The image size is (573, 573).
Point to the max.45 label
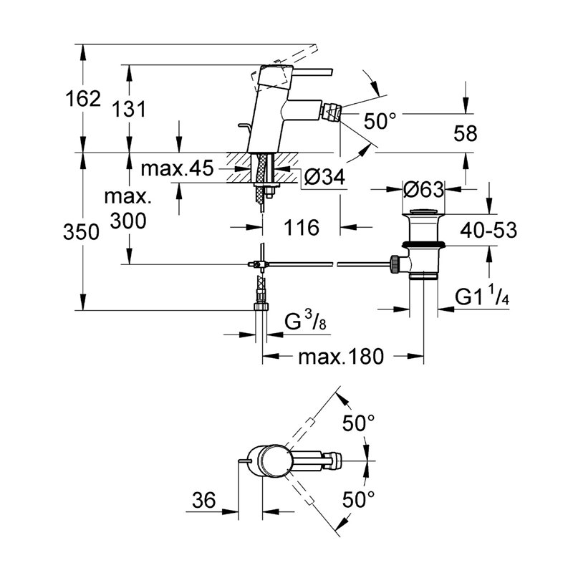[x=177, y=170]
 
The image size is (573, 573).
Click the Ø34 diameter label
[x=322, y=177]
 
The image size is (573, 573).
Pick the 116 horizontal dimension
[x=300, y=228]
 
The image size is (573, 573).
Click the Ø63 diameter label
[x=423, y=189]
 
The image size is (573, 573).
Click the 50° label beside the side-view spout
[x=379, y=120]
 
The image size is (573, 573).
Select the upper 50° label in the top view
[x=359, y=423]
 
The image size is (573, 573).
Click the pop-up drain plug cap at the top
[x=423, y=211]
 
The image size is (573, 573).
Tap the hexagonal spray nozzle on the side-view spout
[x=332, y=112]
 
